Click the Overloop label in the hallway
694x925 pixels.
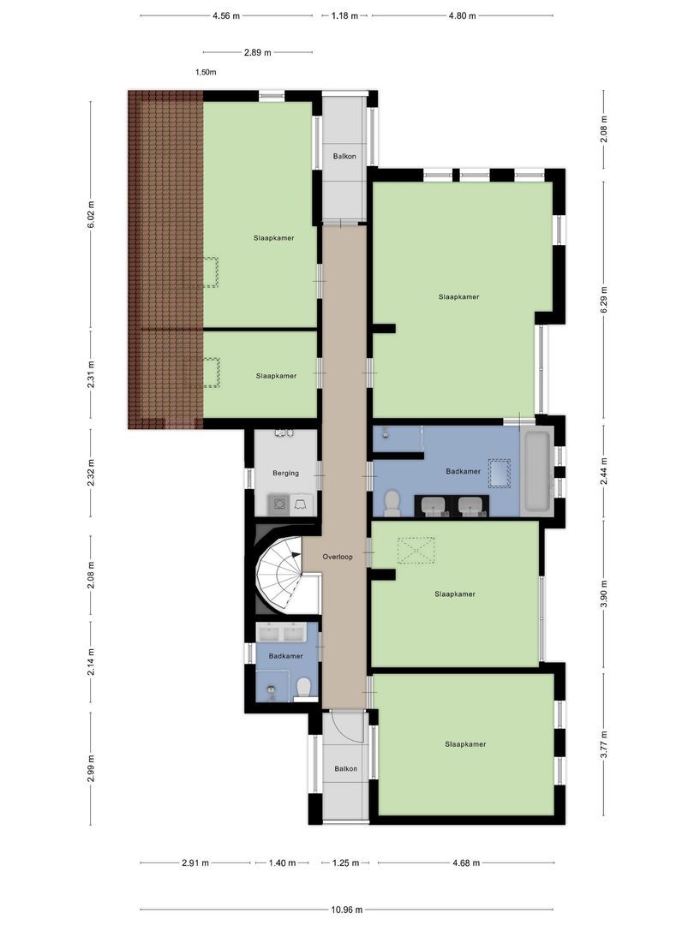click(x=338, y=557)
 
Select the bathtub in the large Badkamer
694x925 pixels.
click(x=537, y=472)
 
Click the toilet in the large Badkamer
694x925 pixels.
click(x=392, y=503)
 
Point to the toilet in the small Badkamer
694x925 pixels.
click(x=302, y=688)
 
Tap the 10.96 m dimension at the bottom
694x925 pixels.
click(x=346, y=910)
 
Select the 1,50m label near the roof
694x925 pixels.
click(x=206, y=73)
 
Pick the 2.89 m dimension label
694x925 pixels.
click(x=257, y=52)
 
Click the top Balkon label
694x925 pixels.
click(x=344, y=156)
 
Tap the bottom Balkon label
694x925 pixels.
click(x=345, y=769)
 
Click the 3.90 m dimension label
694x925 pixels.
click(x=604, y=594)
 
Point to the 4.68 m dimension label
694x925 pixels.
click(x=466, y=863)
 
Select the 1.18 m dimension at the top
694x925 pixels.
click(x=346, y=15)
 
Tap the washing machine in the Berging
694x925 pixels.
click(x=278, y=504)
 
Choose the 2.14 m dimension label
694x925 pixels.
click(x=91, y=660)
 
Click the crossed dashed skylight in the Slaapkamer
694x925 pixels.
click(x=417, y=550)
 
